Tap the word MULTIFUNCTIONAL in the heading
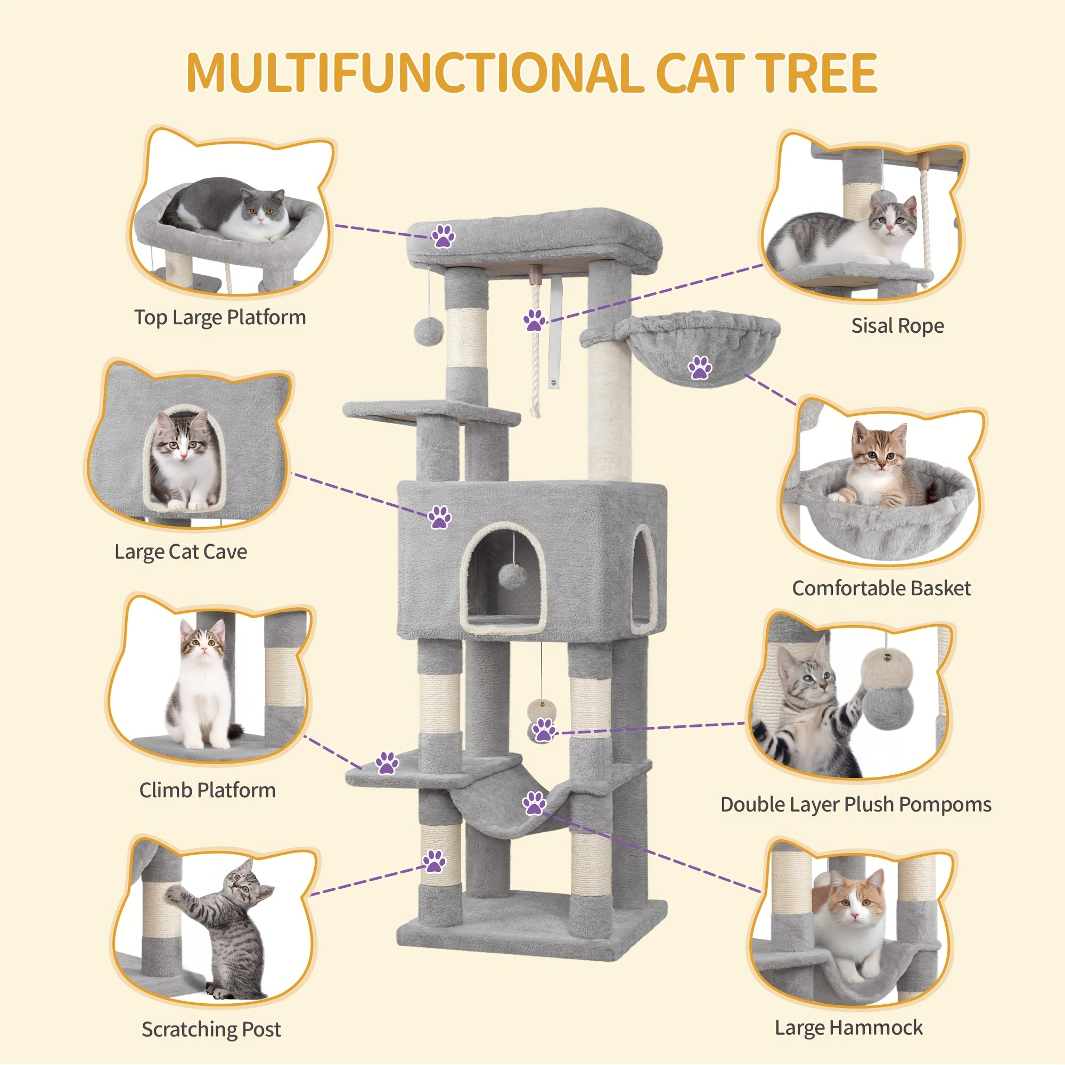click(412, 73)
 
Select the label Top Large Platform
click(220, 317)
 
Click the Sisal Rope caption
click(897, 326)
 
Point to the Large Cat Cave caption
click(181, 552)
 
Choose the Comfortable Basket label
click(881, 588)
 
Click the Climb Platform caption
click(207, 790)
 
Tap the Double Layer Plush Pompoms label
click(856, 804)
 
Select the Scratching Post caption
click(211, 1029)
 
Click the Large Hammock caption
click(848, 1028)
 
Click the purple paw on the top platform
click(443, 236)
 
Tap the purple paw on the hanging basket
click(700, 367)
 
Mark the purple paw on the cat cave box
click(439, 517)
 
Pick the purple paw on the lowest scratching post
click(435, 861)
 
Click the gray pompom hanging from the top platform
click(425, 331)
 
